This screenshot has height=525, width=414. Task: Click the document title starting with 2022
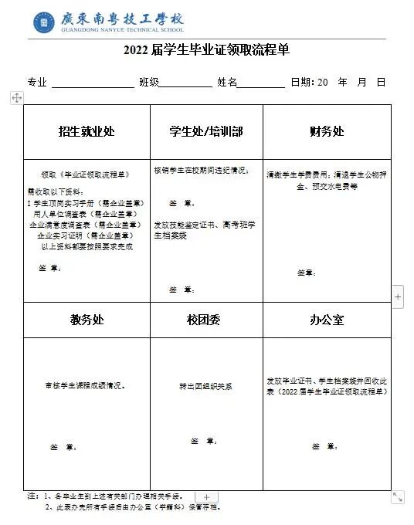pyautogui.click(x=206, y=51)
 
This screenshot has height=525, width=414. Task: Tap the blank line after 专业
pyautogui.click(x=93, y=83)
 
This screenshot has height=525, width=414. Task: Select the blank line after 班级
pyautogui.click(x=185, y=83)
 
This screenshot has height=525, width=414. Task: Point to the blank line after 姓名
pyautogui.click(x=261, y=83)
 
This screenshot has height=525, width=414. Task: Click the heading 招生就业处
pyautogui.click(x=87, y=132)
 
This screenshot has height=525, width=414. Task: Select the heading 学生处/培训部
pyautogui.click(x=206, y=132)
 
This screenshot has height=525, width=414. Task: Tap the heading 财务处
pyautogui.click(x=327, y=132)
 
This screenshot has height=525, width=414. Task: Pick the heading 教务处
pyautogui.click(x=87, y=320)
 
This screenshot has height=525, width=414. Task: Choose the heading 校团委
pyautogui.click(x=206, y=320)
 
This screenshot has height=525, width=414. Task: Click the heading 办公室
pyautogui.click(x=327, y=320)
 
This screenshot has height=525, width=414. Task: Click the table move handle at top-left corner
pyautogui.click(x=17, y=97)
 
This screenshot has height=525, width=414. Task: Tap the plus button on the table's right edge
pyautogui.click(x=398, y=296)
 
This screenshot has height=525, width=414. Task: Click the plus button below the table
pyautogui.click(x=206, y=497)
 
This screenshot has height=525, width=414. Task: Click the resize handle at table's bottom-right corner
pyautogui.click(x=397, y=497)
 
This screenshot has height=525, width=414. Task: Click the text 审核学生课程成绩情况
pyautogui.click(x=86, y=384)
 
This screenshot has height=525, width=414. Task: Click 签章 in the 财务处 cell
pyautogui.click(x=307, y=273)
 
